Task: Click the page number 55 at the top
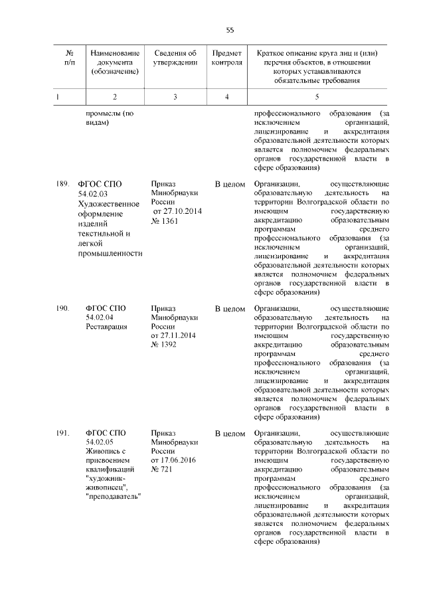230,30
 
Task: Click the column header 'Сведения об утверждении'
175,57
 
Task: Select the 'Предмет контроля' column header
227,57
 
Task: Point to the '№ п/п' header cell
69,57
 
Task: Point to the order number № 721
162,471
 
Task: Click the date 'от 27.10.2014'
177,212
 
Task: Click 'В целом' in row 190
230,309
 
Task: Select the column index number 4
227,97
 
